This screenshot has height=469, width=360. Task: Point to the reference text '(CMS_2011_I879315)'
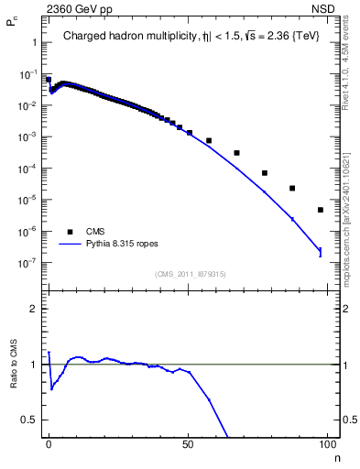[191, 272]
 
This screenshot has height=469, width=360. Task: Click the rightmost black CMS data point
[321, 210]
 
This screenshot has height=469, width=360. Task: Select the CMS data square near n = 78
[265, 173]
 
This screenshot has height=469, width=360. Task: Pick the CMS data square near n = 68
[236, 153]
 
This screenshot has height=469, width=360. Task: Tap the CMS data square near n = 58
[209, 141]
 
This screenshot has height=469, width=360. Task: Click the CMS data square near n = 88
[292, 189]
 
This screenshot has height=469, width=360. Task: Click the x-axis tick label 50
[188, 442]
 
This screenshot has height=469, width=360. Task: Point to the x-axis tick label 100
[327, 442]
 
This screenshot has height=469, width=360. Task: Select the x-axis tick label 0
[49, 442]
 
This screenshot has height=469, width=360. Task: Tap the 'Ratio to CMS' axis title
[14, 364]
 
